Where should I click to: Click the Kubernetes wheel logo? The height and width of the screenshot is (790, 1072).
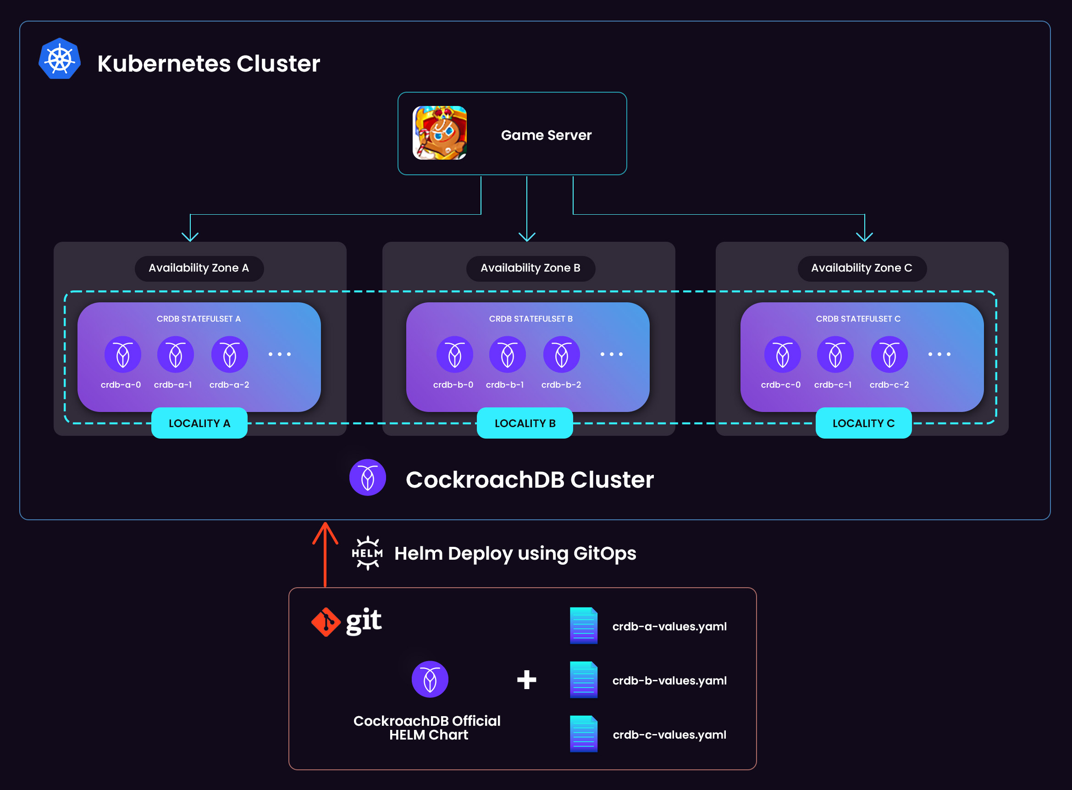[60, 59]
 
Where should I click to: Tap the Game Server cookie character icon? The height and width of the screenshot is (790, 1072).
[439, 133]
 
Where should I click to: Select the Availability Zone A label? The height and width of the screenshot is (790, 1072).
[199, 268]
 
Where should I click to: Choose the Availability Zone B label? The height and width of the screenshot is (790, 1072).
[530, 268]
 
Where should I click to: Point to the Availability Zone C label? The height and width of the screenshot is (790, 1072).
[861, 268]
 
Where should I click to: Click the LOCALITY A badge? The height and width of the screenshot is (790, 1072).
[199, 423]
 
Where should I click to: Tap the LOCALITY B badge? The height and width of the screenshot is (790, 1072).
[525, 423]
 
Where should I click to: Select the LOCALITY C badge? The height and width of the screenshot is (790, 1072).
[863, 423]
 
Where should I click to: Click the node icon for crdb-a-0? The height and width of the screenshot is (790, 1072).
[123, 354]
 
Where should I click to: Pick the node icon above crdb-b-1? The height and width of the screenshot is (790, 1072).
[507, 354]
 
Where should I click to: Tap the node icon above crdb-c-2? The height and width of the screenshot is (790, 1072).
[889, 354]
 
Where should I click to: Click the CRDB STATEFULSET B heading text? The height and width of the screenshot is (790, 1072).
[530, 319]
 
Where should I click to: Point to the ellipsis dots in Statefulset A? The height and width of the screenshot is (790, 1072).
[280, 354]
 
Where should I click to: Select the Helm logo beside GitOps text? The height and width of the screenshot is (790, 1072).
[367, 553]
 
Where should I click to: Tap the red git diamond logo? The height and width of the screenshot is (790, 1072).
[326, 622]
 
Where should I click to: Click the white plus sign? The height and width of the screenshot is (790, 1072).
[526, 679]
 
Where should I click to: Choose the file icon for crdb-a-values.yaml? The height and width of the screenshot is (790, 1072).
[584, 626]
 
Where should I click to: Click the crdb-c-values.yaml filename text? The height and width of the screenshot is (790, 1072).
[669, 735]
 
